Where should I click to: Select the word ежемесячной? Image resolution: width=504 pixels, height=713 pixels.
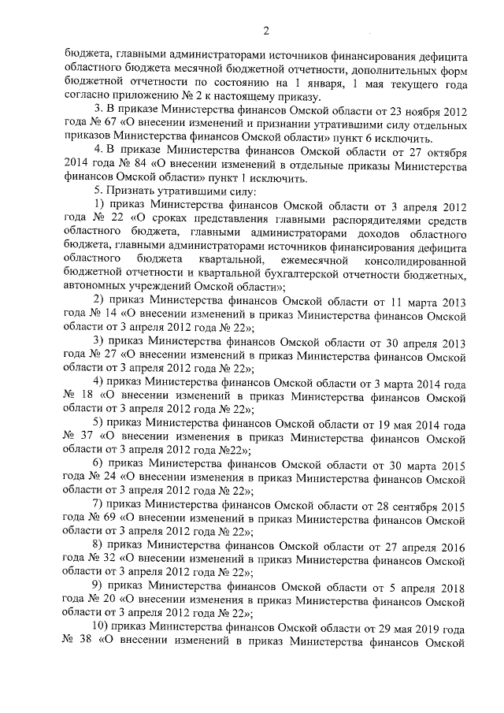tap(306, 260)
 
